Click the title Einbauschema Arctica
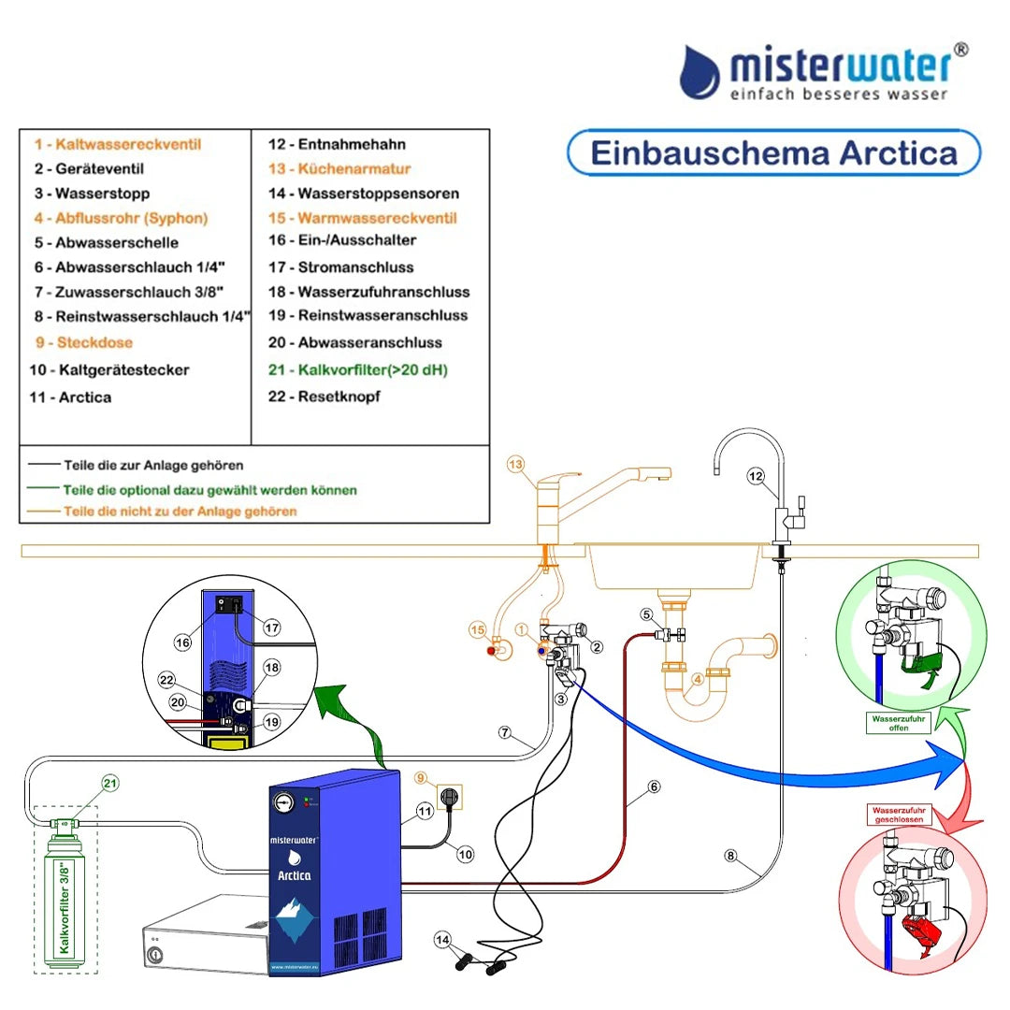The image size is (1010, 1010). (774, 152)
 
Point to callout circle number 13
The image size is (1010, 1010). (516, 464)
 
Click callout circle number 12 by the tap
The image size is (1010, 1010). (756, 477)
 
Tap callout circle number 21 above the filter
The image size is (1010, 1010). (111, 783)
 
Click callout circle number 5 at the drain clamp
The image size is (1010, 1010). (645, 614)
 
